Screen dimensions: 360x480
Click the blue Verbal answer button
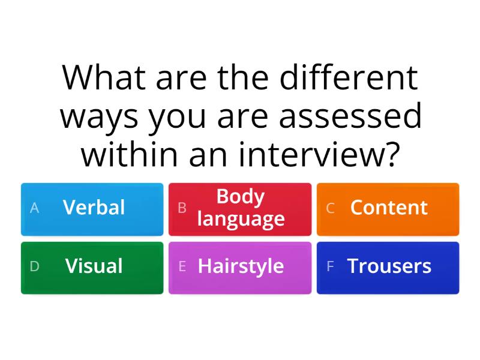tap(92, 209)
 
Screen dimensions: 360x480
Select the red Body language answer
tap(240, 209)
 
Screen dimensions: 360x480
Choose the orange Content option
tap(388, 209)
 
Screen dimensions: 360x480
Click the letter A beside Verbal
tap(34, 208)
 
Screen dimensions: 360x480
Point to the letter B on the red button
tap(182, 208)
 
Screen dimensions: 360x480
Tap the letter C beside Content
tap(330, 208)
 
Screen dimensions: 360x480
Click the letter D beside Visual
tap(34, 267)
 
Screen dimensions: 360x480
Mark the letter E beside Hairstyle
tap(182, 267)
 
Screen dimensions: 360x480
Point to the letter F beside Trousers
tap(330, 267)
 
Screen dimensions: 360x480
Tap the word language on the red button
tap(241, 219)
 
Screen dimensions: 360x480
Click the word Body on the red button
tap(241, 197)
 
